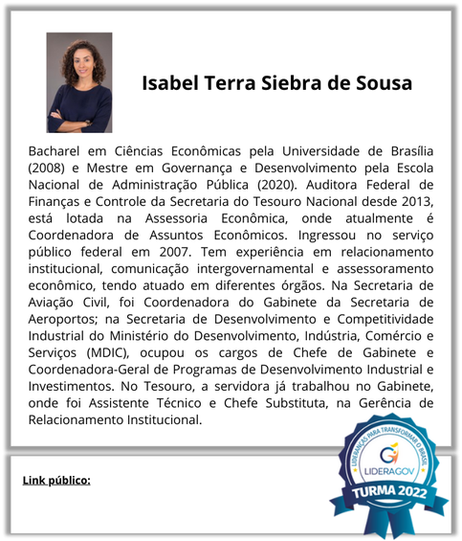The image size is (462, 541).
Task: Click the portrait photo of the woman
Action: click(79, 82)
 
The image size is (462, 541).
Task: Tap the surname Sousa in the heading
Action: click(382, 83)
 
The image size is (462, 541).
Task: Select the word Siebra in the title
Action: click(292, 83)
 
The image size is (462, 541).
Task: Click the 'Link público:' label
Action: click(56, 479)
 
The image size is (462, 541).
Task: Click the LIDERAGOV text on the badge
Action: click(389, 472)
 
